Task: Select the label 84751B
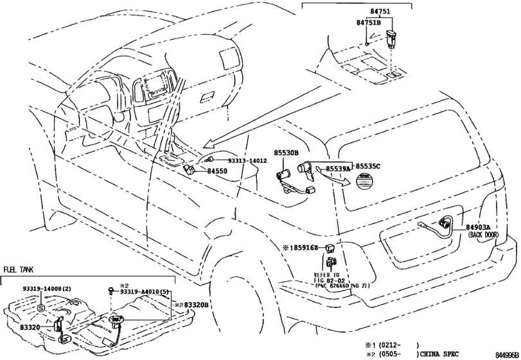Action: [369, 22]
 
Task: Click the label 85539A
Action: [338, 168]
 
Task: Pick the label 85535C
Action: [368, 166]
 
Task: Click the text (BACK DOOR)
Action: [482, 235]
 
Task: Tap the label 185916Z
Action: [301, 248]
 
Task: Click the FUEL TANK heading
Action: [20, 270]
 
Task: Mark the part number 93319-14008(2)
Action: [48, 289]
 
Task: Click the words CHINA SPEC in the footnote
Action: [446, 354]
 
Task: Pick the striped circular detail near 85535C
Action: [364, 183]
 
